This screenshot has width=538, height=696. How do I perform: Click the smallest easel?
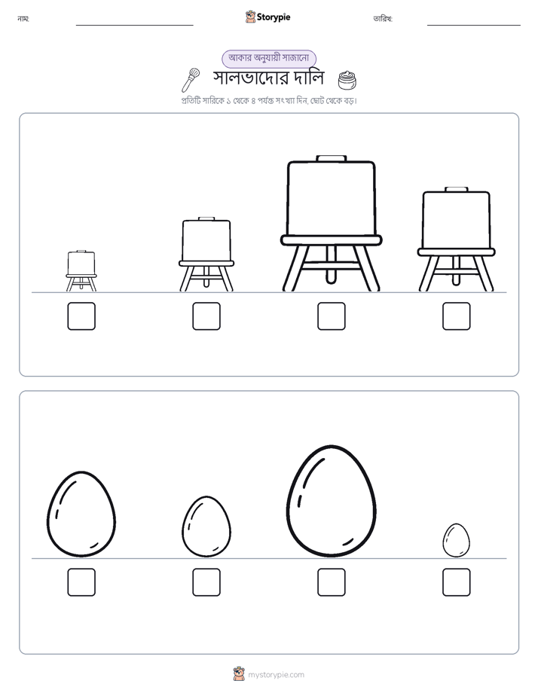pos(81,270)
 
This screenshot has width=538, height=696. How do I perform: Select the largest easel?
pos(331,223)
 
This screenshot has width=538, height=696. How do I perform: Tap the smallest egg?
pos(457,540)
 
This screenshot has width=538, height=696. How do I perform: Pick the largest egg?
pos(331,501)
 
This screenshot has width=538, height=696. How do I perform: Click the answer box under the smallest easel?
pos(81,316)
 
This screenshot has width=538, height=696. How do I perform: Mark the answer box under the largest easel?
pos(331,316)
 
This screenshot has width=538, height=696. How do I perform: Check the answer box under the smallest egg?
pos(457,582)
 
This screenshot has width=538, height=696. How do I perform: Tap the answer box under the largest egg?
pos(331,582)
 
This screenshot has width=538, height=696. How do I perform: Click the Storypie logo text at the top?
pos(274,17)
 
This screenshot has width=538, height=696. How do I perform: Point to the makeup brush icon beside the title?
pos(191,80)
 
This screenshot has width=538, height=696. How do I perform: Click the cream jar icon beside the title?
pos(347,80)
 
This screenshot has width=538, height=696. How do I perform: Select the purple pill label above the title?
pos(269,58)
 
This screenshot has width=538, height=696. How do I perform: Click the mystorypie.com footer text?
pos(276,675)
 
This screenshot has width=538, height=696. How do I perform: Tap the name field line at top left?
pos(134,26)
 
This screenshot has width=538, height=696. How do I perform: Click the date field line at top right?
pos(474,26)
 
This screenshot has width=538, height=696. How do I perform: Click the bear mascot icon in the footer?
pos(239,674)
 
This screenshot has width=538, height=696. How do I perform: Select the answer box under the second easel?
pos(206,316)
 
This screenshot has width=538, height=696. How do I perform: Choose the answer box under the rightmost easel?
pos(457,316)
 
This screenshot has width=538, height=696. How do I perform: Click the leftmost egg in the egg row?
pos(81,514)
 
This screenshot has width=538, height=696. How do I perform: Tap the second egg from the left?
pos(206,527)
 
